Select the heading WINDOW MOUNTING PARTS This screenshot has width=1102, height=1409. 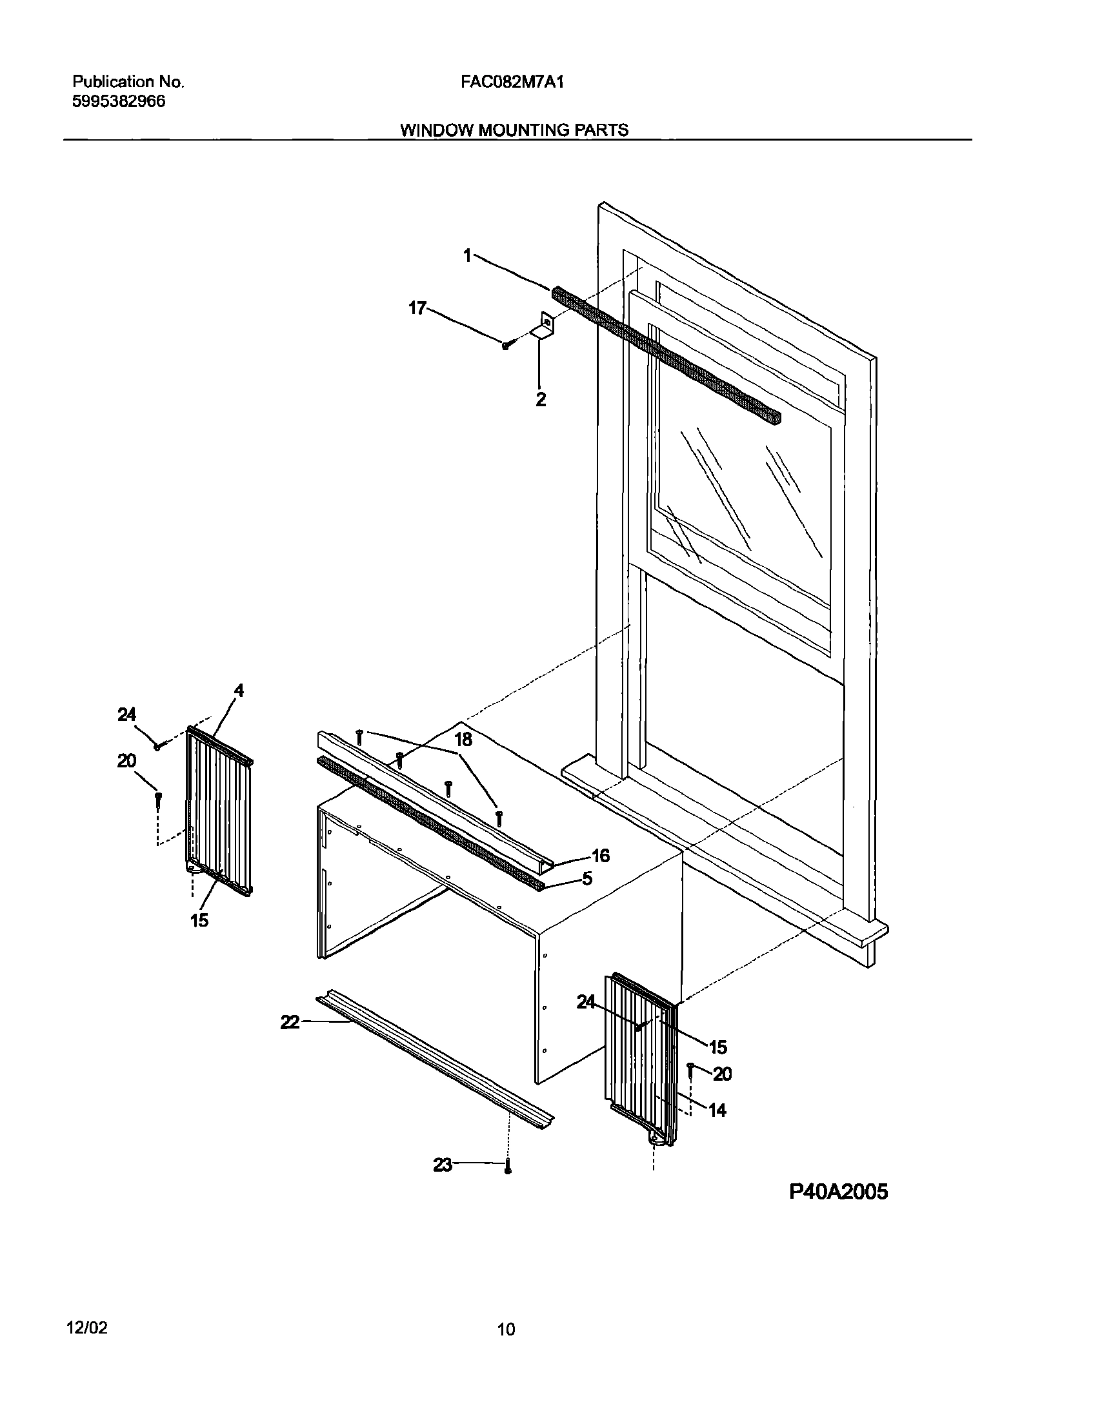pyautogui.click(x=514, y=130)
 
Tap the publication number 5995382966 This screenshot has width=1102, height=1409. pyautogui.click(x=119, y=101)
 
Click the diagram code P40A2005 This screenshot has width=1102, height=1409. pyautogui.click(x=838, y=1192)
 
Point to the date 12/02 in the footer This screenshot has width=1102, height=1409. pyautogui.click(x=86, y=1328)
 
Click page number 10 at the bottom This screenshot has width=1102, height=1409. pyautogui.click(x=506, y=1329)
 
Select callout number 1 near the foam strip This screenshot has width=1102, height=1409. pyautogui.click(x=468, y=256)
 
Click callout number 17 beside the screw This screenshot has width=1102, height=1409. pyautogui.click(x=417, y=308)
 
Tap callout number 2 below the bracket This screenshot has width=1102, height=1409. pyautogui.click(x=541, y=399)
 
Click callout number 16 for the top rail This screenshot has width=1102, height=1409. pyautogui.click(x=601, y=856)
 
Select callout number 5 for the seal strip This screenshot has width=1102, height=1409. pyautogui.click(x=587, y=878)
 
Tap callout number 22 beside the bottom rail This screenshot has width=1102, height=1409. pyautogui.click(x=290, y=1022)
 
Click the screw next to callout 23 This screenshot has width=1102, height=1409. pyautogui.click(x=507, y=1166)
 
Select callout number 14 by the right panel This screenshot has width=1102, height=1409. pyautogui.click(x=717, y=1110)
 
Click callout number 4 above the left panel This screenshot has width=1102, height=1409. pyautogui.click(x=239, y=690)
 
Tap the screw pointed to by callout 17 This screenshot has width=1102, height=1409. pyautogui.click(x=506, y=346)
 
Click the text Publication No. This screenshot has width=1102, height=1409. pyautogui.click(x=128, y=82)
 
